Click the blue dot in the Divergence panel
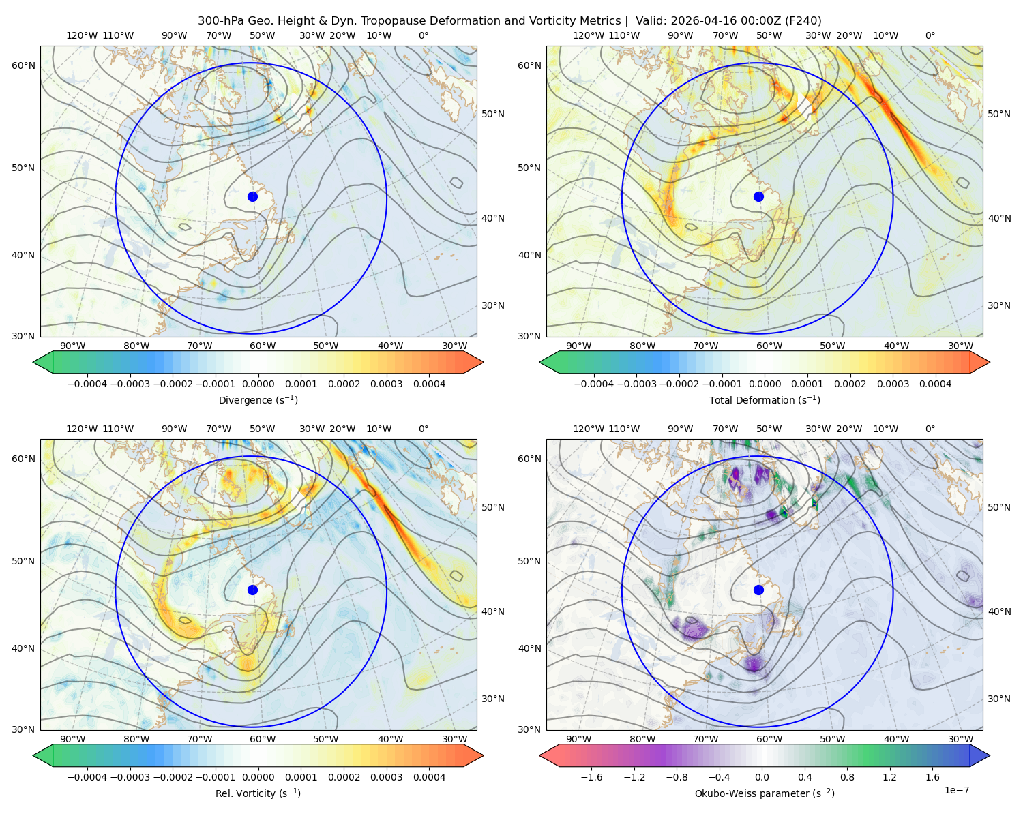coord(252,196)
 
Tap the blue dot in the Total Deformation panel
coord(758,196)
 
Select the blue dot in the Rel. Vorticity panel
coord(252,590)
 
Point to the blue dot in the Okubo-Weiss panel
coord(758,590)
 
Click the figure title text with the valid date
coord(509,20)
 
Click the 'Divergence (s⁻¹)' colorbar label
coord(258,399)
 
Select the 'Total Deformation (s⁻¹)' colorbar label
coord(765,399)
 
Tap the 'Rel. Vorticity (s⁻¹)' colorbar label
coord(258,793)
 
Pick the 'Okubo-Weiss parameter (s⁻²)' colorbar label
coord(765,793)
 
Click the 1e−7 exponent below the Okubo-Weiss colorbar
coord(956,790)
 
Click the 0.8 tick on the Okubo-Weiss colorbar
coord(847,776)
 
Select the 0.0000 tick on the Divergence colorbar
coord(258,384)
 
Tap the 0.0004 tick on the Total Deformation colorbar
coord(935,384)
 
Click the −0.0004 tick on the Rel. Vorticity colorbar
coord(87,776)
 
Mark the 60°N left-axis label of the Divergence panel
coord(23,65)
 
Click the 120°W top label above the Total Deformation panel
coord(588,35)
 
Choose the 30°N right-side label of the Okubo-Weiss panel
coord(999,698)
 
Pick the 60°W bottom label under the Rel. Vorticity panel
coord(263,739)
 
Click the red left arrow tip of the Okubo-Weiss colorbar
coord(541,755)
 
